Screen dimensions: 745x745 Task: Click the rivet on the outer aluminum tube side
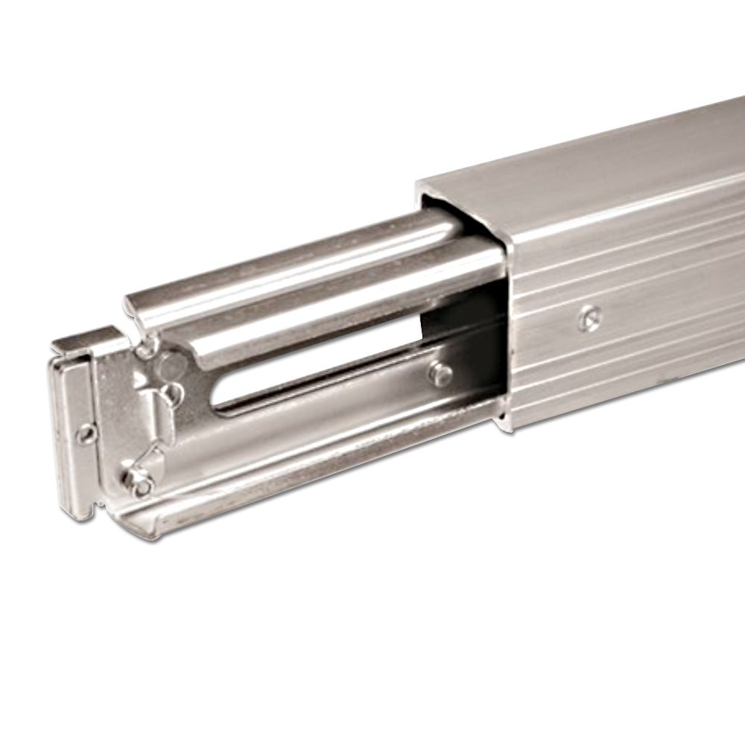coord(588,318)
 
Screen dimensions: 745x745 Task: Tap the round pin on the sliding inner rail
coord(440,375)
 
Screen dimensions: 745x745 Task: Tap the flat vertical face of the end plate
coord(71,432)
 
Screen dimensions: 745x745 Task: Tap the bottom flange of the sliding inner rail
coord(313,484)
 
